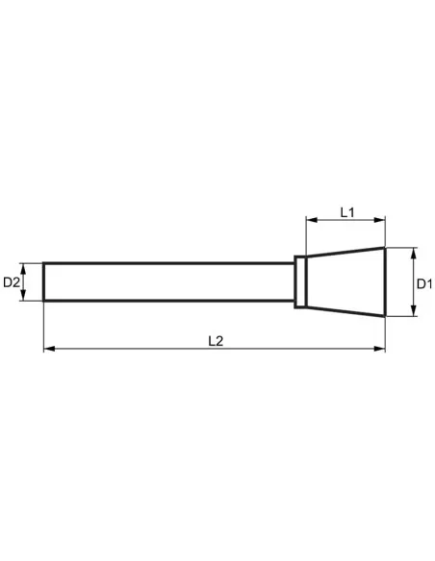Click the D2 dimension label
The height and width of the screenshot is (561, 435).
[12, 282]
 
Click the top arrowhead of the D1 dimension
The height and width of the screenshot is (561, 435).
[411, 253]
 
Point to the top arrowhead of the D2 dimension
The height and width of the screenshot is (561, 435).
[26, 266]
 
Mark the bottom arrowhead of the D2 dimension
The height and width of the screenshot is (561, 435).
[26, 298]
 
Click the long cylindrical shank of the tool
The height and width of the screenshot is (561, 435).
[168, 282]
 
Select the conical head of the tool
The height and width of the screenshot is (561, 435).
[346, 282]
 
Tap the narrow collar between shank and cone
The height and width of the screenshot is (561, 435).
[300, 282]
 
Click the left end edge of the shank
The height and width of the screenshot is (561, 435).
[44, 282]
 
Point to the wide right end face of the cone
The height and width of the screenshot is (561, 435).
[385, 282]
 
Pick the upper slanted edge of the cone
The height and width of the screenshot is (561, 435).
[346, 253]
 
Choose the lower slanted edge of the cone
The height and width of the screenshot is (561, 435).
[346, 312]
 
